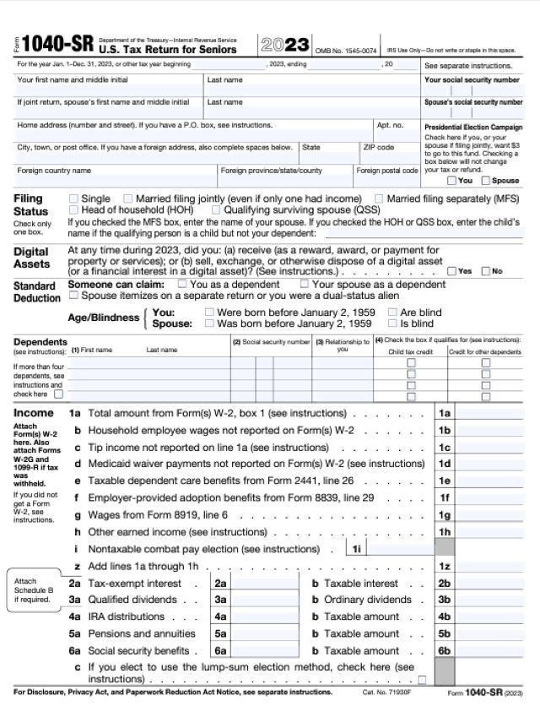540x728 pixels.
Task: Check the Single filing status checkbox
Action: pyautogui.click(x=73, y=198)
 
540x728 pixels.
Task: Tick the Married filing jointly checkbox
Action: pyautogui.click(x=128, y=198)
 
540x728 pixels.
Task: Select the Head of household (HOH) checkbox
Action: pyautogui.click(x=73, y=209)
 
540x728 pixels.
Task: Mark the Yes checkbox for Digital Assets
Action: pyautogui.click(x=451, y=271)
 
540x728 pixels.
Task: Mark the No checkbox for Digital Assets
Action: pyautogui.click(x=485, y=271)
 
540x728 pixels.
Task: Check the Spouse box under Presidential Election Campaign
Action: pyautogui.click(x=485, y=180)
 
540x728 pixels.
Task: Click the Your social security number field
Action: pyautogui.click(x=472, y=90)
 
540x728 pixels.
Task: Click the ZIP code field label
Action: pyautogui.click(x=379, y=147)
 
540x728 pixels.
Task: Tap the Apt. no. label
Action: pyautogui.click(x=390, y=125)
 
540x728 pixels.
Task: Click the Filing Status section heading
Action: pyautogui.click(x=30, y=204)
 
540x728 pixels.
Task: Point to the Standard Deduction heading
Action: pyautogui.click(x=36, y=291)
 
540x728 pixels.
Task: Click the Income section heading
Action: pyautogui.click(x=34, y=413)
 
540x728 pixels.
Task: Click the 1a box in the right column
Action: pyautogui.click(x=445, y=413)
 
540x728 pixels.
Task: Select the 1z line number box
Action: pyautogui.click(x=445, y=566)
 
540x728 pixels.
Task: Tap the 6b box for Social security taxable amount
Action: pyautogui.click(x=445, y=650)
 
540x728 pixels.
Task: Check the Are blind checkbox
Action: pyautogui.click(x=393, y=312)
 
